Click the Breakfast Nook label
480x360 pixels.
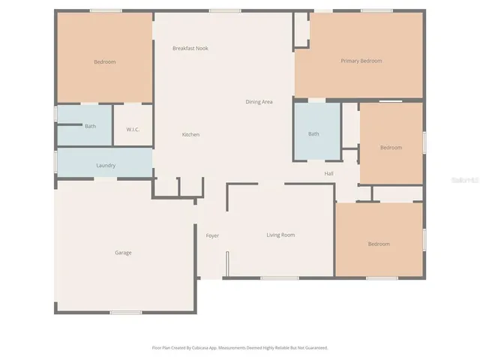pyautogui.click(x=190, y=48)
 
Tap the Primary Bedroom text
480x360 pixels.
pyautogui.click(x=361, y=61)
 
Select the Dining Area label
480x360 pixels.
pyautogui.click(x=259, y=101)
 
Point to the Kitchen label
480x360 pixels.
pyautogui.click(x=190, y=134)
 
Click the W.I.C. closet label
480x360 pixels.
pyautogui.click(x=133, y=128)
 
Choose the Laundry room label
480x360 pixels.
pyautogui.click(x=106, y=165)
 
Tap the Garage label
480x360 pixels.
pyautogui.click(x=123, y=253)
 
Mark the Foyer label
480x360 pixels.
pyautogui.click(x=212, y=235)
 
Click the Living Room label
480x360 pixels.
pyautogui.click(x=280, y=235)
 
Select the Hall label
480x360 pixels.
pyautogui.click(x=328, y=174)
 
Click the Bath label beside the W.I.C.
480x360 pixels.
pyautogui.click(x=90, y=126)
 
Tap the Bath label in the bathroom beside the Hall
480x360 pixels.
pyautogui.click(x=313, y=134)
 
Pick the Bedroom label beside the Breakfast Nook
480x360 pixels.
pyautogui.click(x=105, y=61)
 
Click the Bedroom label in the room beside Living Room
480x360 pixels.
pyautogui.click(x=379, y=244)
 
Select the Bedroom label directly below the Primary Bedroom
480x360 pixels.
pyautogui.click(x=391, y=148)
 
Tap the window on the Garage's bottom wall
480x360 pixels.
pyautogui.click(x=126, y=312)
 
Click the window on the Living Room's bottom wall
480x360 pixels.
pyautogui.click(x=279, y=278)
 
